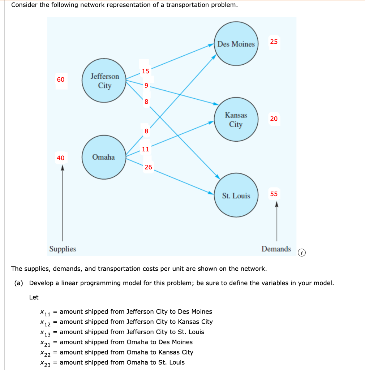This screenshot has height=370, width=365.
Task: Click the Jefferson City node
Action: [104, 81]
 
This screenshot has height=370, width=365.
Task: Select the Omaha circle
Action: [104, 157]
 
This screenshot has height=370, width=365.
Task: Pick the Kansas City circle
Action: [236, 120]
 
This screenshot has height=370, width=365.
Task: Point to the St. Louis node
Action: [236, 196]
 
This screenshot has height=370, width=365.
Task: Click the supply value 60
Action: [61, 79]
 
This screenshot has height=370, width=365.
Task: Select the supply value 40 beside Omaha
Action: [61, 158]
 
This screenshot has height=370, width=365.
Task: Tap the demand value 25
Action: [274, 42]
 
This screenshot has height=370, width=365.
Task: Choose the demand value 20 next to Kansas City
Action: [274, 119]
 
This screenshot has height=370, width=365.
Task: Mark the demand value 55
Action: [274, 194]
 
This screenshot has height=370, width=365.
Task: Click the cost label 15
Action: [146, 71]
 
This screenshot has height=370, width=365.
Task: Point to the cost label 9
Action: [146, 86]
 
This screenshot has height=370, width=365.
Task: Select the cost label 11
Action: [146, 149]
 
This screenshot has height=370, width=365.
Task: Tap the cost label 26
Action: [148, 167]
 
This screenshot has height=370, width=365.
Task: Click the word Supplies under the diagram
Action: [63, 249]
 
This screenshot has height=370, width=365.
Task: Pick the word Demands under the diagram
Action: [276, 249]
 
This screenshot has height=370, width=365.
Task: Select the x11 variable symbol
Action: [45, 312]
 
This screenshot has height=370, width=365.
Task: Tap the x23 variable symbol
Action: [45, 363]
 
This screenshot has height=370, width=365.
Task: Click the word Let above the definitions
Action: [34, 297]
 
